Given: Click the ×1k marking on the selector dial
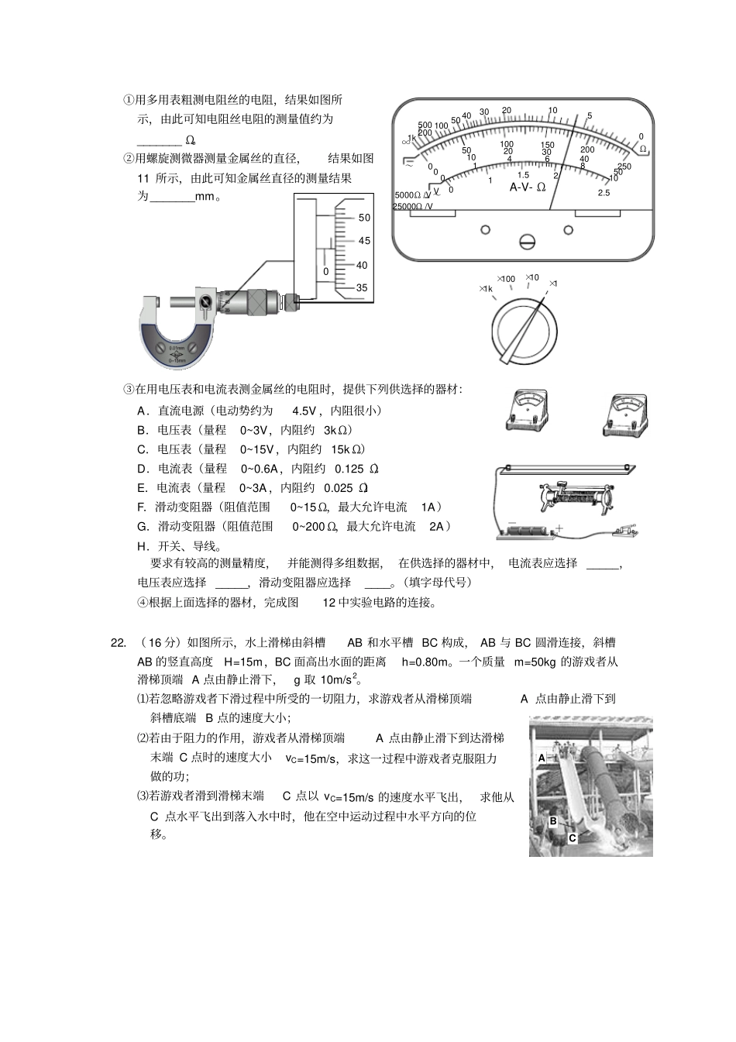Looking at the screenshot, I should [485, 289].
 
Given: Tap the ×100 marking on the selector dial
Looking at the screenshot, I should [506, 279].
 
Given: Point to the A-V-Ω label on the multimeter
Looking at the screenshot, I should [528, 187].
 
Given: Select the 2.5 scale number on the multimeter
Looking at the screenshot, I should [604, 193].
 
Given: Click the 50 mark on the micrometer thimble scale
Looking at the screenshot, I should [364, 218].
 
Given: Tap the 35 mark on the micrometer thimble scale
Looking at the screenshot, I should [362, 287].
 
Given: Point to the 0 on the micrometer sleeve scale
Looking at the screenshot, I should [326, 272].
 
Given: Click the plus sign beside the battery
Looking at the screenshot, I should [558, 530].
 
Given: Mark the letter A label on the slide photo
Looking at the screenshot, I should [542, 758].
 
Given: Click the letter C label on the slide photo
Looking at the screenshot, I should [572, 837].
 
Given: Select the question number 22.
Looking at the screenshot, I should [118, 642].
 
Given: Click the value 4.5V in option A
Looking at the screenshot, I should [304, 411].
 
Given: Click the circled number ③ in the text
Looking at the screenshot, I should [129, 389].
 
